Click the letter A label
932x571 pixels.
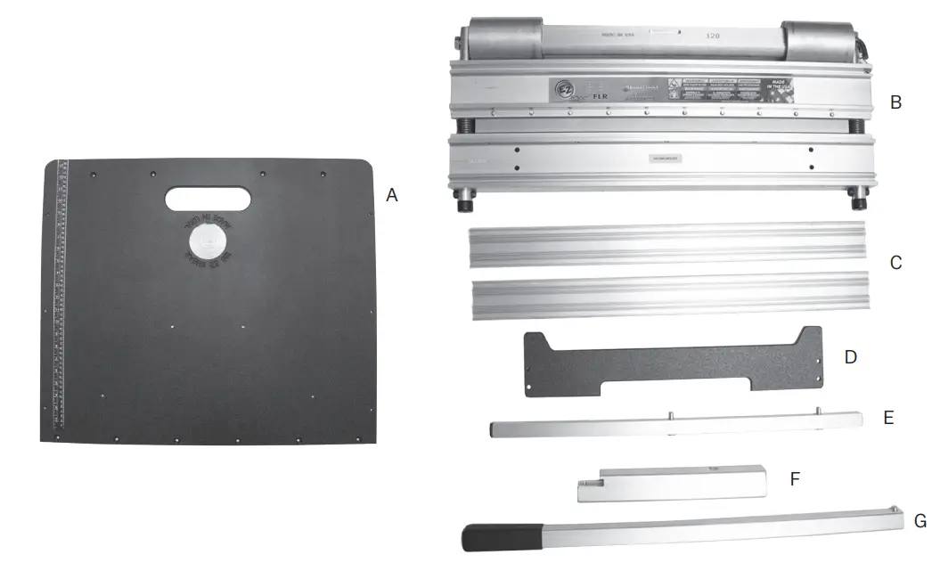(x=391, y=195)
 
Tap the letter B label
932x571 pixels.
(x=895, y=102)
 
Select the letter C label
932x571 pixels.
(x=895, y=263)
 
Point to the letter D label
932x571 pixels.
(x=850, y=357)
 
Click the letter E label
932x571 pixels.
(x=887, y=416)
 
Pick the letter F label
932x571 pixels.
(x=795, y=478)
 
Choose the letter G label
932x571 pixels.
(x=920, y=521)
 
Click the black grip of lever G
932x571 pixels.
(x=500, y=536)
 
